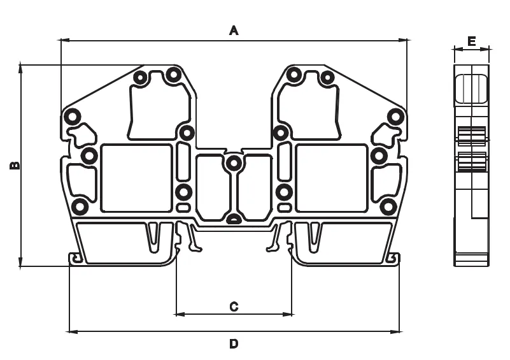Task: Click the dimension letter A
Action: pyautogui.click(x=234, y=31)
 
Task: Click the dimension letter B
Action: pyautogui.click(x=15, y=166)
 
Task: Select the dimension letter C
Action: pyautogui.click(x=234, y=306)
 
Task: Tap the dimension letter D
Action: pyautogui.click(x=234, y=343)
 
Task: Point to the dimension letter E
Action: pyautogui.click(x=472, y=41)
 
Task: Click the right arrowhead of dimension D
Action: pyautogui.click(x=395, y=332)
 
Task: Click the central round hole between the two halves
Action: pyautogui.click(x=234, y=162)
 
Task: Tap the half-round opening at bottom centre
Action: pyautogui.click(x=234, y=220)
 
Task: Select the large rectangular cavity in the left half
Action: pyautogui.click(x=136, y=178)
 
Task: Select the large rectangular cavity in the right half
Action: pyautogui.click(x=332, y=178)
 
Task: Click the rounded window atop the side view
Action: pyautogui.click(x=471, y=89)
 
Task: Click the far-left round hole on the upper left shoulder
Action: pyautogui.click(x=72, y=117)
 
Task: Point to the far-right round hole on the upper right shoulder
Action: pyautogui.click(x=395, y=117)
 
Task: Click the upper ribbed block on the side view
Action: pyautogui.click(x=471, y=136)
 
